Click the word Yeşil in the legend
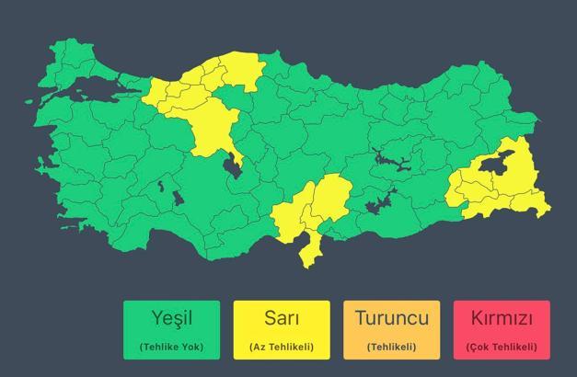[171, 319]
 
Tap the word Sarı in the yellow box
[281, 319]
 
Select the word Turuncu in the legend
[391, 319]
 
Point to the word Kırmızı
[502, 319]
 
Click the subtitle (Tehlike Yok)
[171, 347]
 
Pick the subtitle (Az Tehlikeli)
[281, 347]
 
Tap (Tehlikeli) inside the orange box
[391, 347]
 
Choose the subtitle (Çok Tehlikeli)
[502, 347]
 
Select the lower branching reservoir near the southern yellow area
[379, 201]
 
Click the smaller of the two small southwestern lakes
[161, 185]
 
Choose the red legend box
[502, 329]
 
